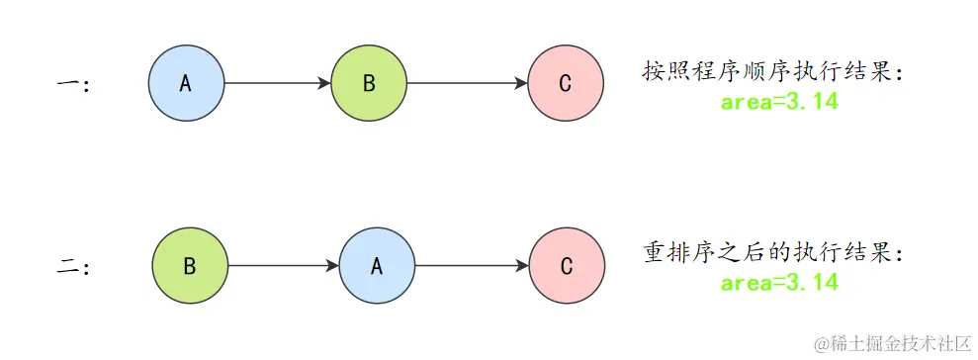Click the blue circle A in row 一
[186, 83]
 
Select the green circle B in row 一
[369, 83]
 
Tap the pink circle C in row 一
[565, 83]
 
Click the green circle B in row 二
[190, 266]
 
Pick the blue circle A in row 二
[376, 266]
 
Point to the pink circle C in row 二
[566, 266]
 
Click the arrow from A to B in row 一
[277, 83]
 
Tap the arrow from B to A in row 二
[283, 266]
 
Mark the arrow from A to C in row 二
[471, 266]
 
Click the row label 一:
[74, 85]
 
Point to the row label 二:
[74, 267]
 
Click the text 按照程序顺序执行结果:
[773, 71]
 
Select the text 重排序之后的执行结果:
[773, 253]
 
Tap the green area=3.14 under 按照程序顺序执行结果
[779, 102]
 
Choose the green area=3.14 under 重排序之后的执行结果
[779, 284]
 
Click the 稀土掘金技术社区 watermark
[892, 343]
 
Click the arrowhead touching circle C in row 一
[521, 83]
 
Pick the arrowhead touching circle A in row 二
[332, 266]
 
